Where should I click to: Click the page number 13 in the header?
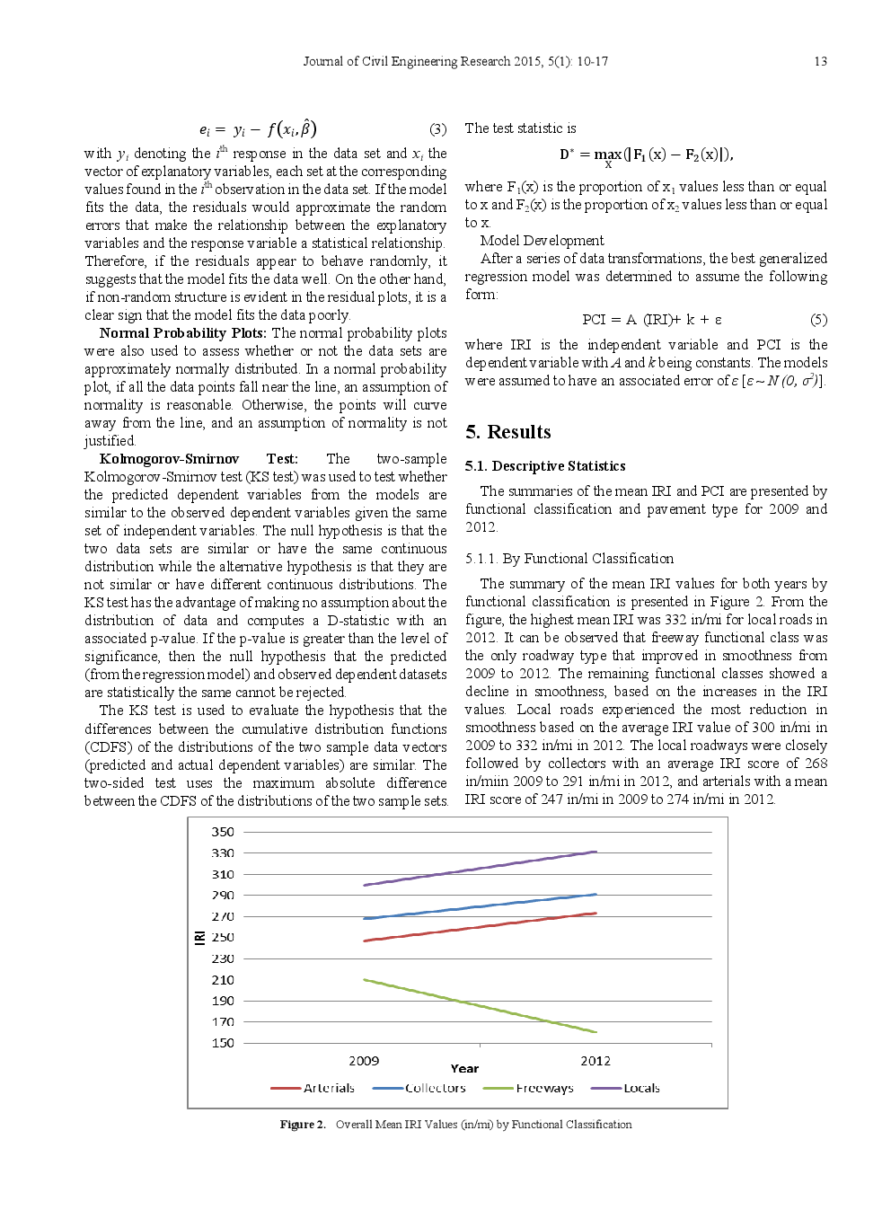820,61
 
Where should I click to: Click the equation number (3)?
437,129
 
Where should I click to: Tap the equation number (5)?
818,320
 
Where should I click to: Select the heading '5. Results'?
507,432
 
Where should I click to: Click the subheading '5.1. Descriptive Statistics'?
544,466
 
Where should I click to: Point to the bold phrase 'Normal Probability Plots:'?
183,333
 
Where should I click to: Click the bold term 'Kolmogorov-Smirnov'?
169,459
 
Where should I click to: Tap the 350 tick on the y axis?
223,832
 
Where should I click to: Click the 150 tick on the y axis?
223,1043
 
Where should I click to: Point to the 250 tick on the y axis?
223,937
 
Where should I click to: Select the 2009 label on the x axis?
364,1061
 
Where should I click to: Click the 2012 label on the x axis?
595,1061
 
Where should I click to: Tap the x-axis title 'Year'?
464,1069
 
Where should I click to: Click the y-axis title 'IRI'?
199,937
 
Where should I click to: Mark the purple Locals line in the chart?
480,868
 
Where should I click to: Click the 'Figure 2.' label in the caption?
303,1125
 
